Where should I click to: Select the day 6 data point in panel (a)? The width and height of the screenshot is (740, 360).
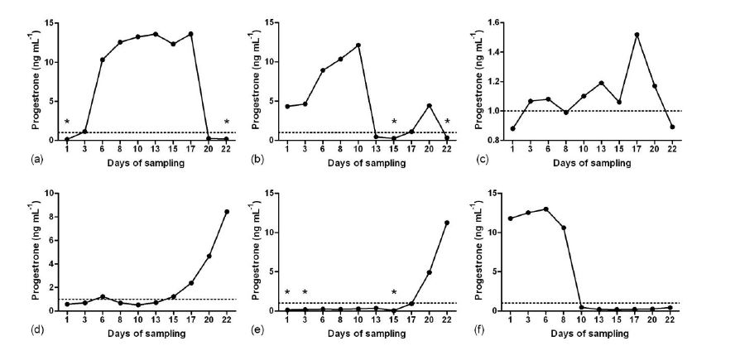pyautogui.click(x=103, y=60)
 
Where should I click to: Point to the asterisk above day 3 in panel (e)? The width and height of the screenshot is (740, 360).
pyautogui.click(x=305, y=292)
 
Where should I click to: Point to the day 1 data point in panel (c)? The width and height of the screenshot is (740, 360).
pyautogui.click(x=512, y=128)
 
